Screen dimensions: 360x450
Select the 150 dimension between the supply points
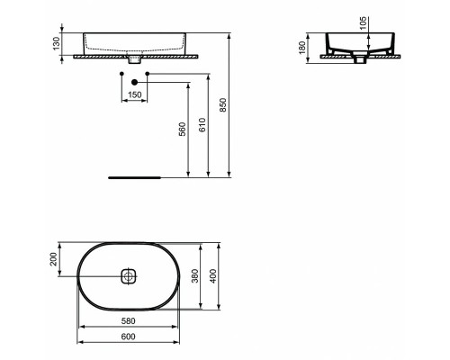134,94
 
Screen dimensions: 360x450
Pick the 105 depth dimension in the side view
364,22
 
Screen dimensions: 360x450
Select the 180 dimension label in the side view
306,44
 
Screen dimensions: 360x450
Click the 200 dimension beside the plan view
54,260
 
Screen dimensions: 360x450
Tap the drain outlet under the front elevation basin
135,61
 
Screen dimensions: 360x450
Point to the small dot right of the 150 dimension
147,71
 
